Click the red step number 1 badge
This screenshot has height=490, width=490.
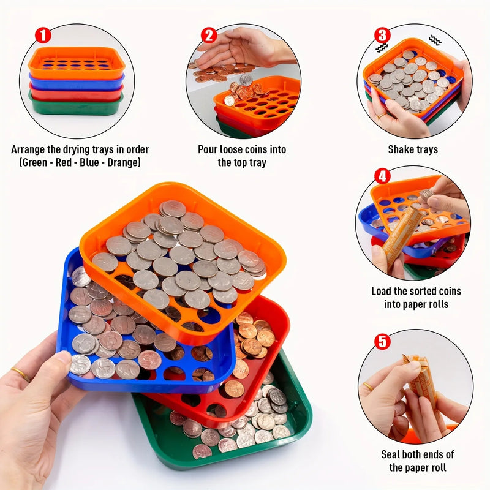click(43, 36)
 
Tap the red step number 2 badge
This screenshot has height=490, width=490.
click(209, 36)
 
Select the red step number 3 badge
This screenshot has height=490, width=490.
click(382, 36)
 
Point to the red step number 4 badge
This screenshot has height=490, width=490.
click(382, 176)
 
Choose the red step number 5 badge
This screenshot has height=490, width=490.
click(382, 342)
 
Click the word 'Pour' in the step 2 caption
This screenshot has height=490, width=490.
click(208, 149)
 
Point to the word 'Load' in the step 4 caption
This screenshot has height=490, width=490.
click(381, 292)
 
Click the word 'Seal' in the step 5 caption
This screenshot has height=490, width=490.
click(390, 454)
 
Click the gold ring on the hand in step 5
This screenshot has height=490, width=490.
click(368, 387)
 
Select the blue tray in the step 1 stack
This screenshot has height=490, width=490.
click(77, 83)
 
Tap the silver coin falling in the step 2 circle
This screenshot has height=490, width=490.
click(246, 80)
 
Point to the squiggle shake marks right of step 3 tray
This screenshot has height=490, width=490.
click(435, 40)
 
